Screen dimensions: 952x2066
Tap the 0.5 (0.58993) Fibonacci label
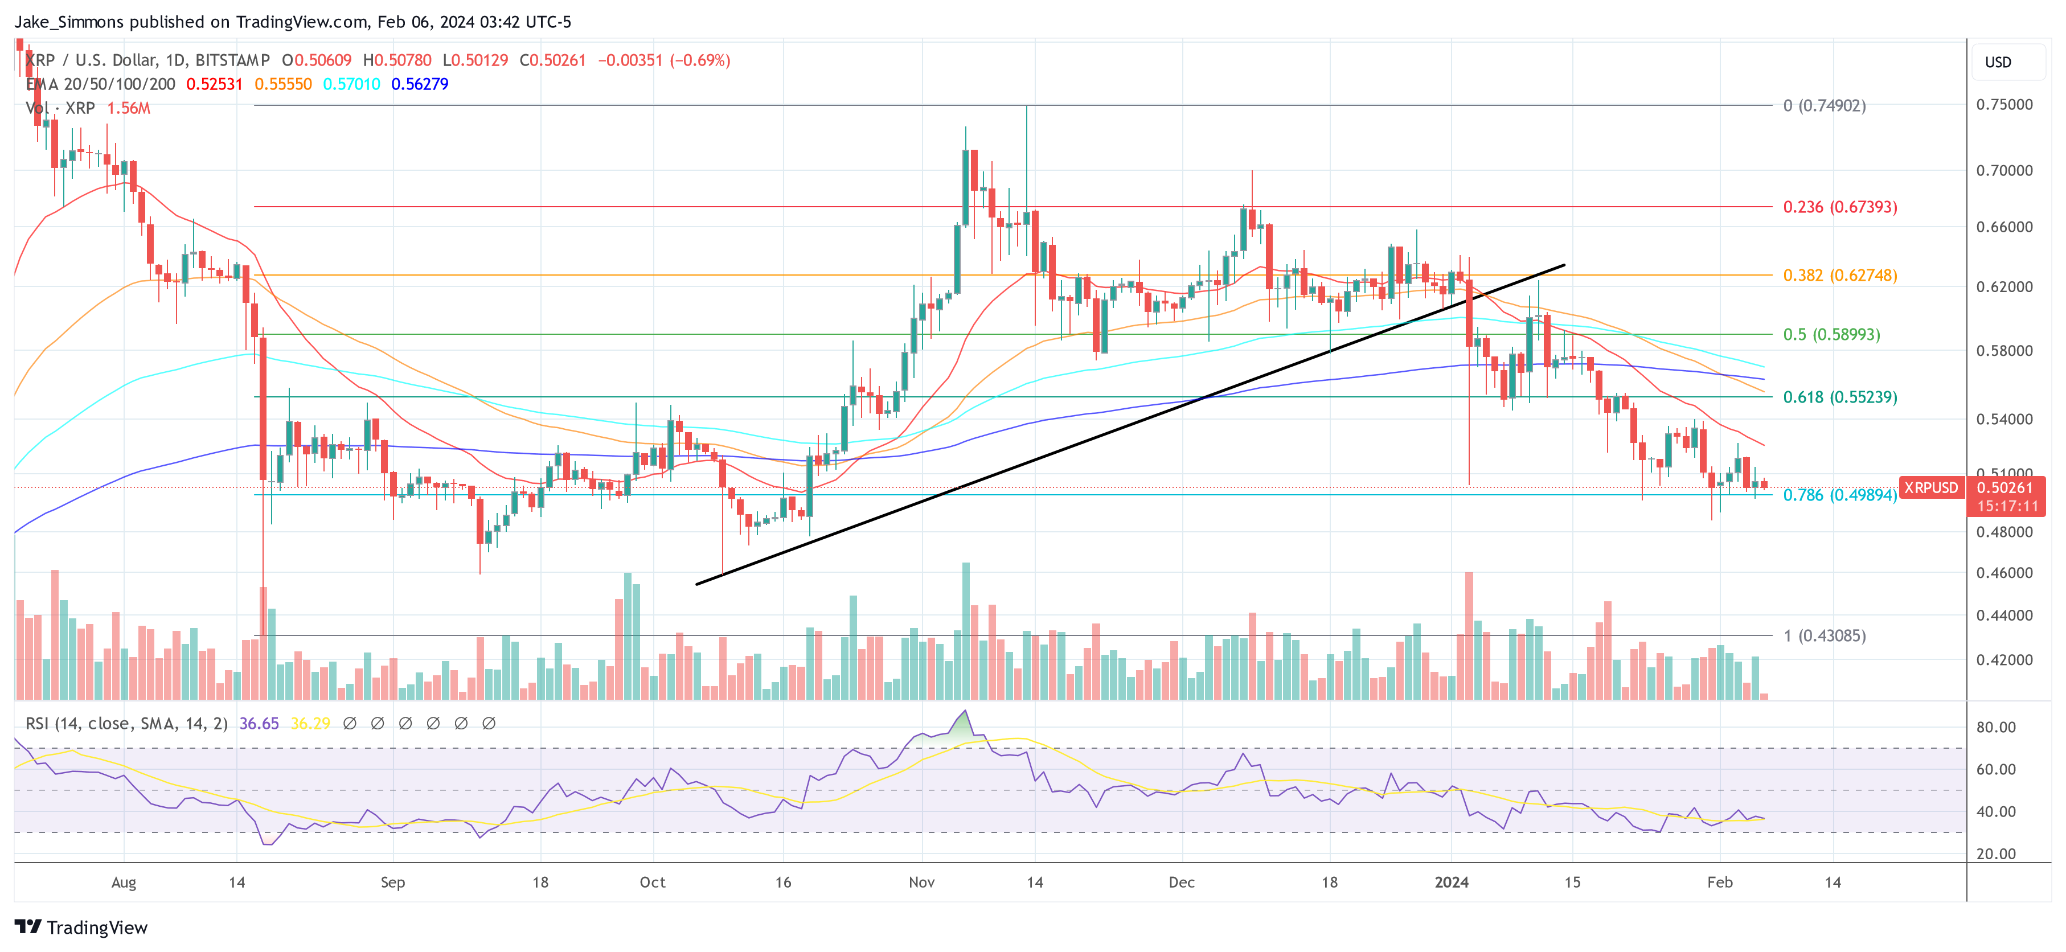(x=1831, y=334)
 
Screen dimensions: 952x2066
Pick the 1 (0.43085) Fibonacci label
(x=1824, y=636)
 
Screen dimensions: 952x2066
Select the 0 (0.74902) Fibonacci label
(x=1824, y=106)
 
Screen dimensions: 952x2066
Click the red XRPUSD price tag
(x=1930, y=487)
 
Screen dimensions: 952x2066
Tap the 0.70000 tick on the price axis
(x=2003, y=171)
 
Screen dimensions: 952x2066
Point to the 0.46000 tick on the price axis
(x=2003, y=573)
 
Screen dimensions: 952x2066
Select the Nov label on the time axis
(x=921, y=882)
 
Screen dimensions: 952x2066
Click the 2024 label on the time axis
(x=1451, y=882)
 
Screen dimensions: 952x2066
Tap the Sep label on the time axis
(x=392, y=882)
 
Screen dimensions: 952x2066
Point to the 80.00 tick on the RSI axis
(x=1995, y=728)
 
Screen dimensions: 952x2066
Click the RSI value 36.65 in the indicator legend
(x=259, y=724)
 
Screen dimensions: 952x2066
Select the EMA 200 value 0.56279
(x=420, y=84)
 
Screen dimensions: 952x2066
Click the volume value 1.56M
(x=128, y=108)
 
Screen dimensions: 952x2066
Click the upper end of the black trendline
(x=1563, y=265)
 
